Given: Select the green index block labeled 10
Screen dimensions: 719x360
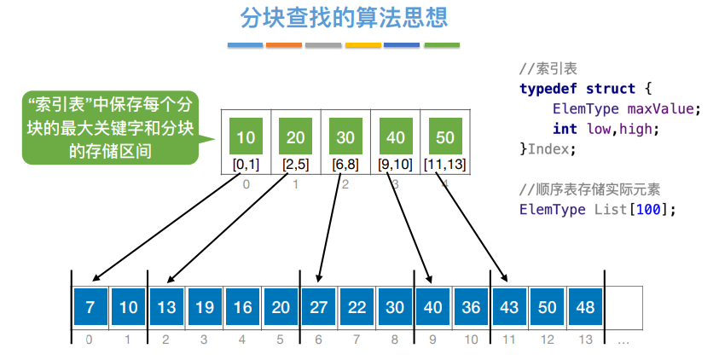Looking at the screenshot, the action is click(x=246, y=136).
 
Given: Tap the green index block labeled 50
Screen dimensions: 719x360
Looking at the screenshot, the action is click(x=444, y=136).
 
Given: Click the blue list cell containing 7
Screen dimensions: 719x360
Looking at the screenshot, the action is click(x=90, y=306).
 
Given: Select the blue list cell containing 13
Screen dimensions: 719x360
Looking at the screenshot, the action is click(x=165, y=306).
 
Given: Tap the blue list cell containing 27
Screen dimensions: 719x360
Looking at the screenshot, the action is click(x=319, y=306).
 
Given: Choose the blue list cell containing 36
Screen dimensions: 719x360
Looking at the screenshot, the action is click(x=471, y=306).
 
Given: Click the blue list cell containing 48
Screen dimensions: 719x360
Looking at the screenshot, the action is click(x=585, y=306).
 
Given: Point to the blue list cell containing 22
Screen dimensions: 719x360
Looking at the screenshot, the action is click(x=357, y=306).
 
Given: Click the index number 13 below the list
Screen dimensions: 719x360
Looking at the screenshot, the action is click(x=585, y=340).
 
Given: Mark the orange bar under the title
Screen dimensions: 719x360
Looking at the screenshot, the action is click(x=285, y=44).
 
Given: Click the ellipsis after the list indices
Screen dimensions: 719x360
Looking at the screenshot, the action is click(x=623, y=340).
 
